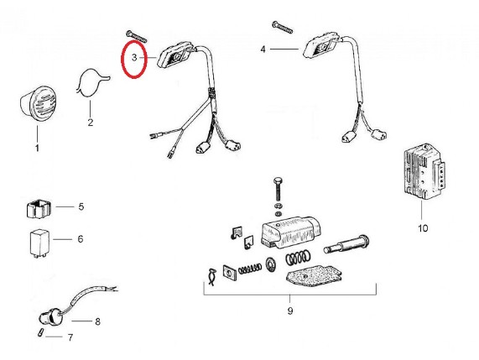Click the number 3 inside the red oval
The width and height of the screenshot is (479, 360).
(x=134, y=57)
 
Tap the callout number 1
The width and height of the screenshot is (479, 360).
(x=37, y=149)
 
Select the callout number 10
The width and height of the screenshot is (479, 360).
(x=423, y=228)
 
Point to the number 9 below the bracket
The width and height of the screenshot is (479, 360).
(x=290, y=310)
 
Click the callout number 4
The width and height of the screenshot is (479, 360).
(x=263, y=50)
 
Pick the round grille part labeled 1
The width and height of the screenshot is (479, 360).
(x=39, y=104)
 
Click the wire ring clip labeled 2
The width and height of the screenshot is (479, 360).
(x=91, y=83)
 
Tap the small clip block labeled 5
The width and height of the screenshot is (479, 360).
(x=39, y=209)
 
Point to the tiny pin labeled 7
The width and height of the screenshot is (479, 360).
(x=40, y=332)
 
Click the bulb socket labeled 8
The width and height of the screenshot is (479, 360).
(x=50, y=318)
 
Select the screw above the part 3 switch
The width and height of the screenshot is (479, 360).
(x=137, y=36)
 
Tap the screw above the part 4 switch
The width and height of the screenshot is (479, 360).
(x=282, y=27)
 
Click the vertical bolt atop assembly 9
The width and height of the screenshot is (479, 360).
(x=278, y=188)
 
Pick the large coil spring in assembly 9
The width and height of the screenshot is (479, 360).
(x=299, y=258)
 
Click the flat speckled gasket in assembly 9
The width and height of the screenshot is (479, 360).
(x=313, y=277)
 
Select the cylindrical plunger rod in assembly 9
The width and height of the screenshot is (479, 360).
(x=346, y=244)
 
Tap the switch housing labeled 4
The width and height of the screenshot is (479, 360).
(x=321, y=46)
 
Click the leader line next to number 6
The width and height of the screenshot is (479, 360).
(x=63, y=239)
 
